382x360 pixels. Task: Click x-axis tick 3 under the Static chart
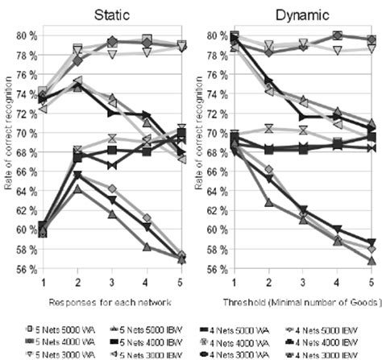pyautogui.click(x=113, y=281)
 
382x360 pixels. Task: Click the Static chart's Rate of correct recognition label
pyautogui.click(x=7, y=153)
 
